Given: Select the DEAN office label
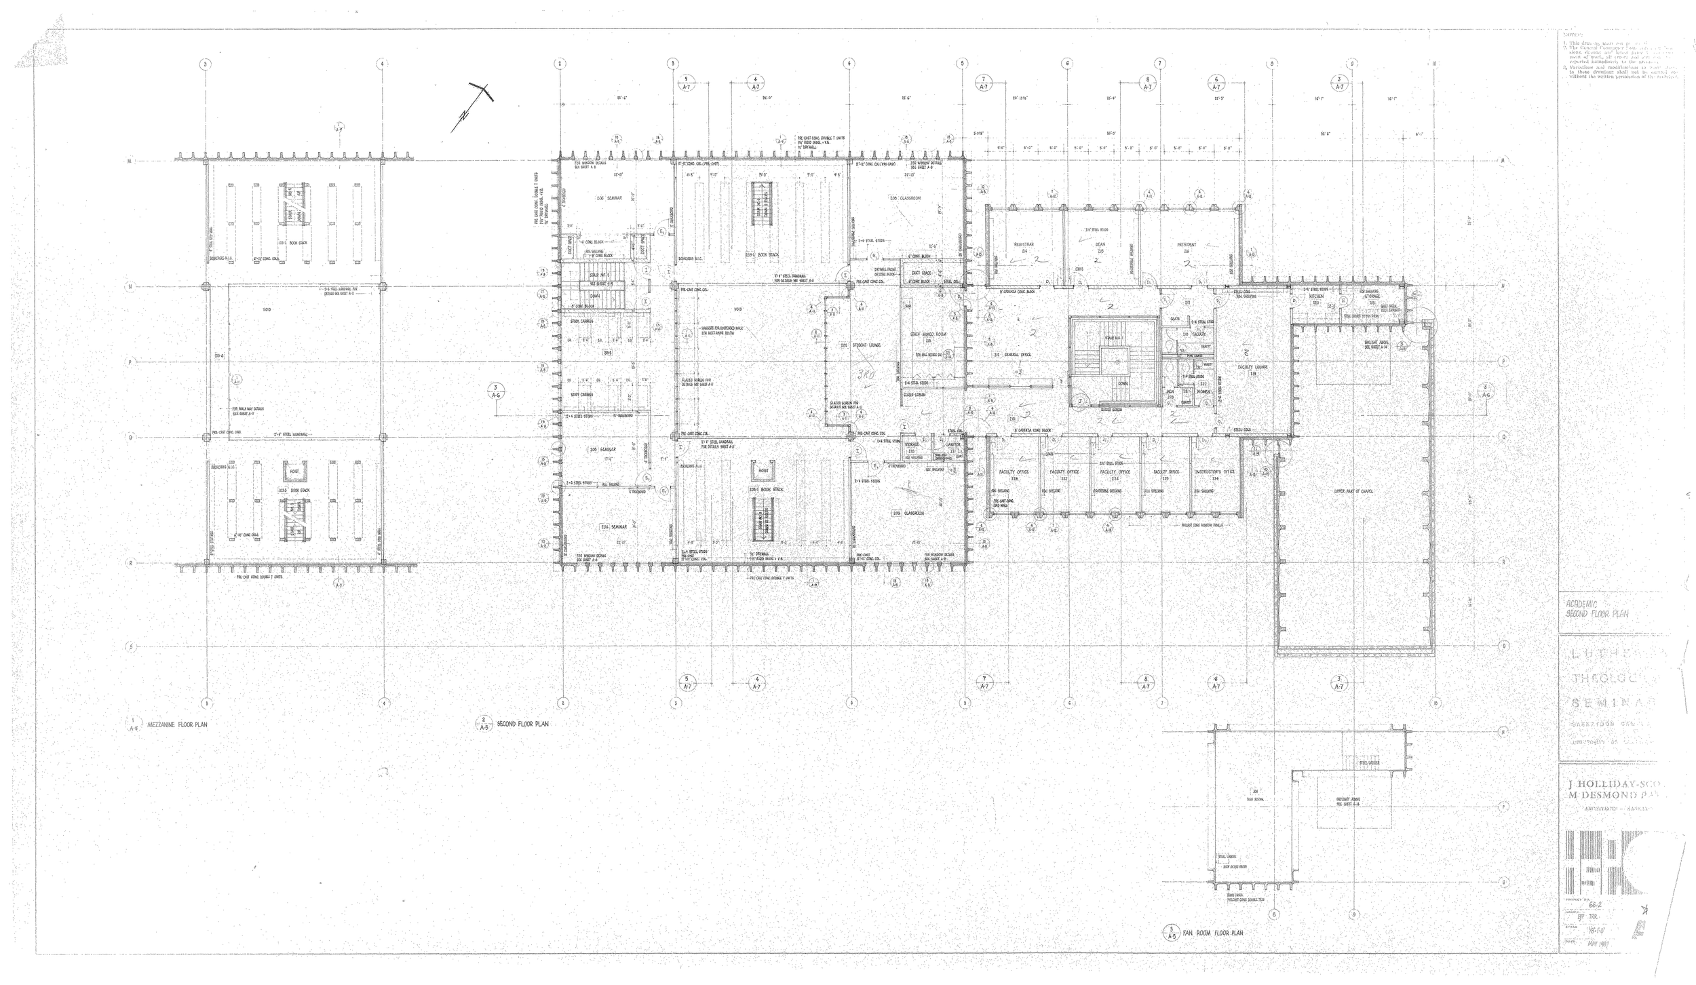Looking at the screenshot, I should [1099, 244].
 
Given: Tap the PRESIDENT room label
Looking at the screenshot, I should [1187, 244].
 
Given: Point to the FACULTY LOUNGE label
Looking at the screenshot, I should [1252, 367].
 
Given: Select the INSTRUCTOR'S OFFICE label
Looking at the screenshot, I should [1214, 471].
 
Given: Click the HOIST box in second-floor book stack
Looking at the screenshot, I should [763, 470].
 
